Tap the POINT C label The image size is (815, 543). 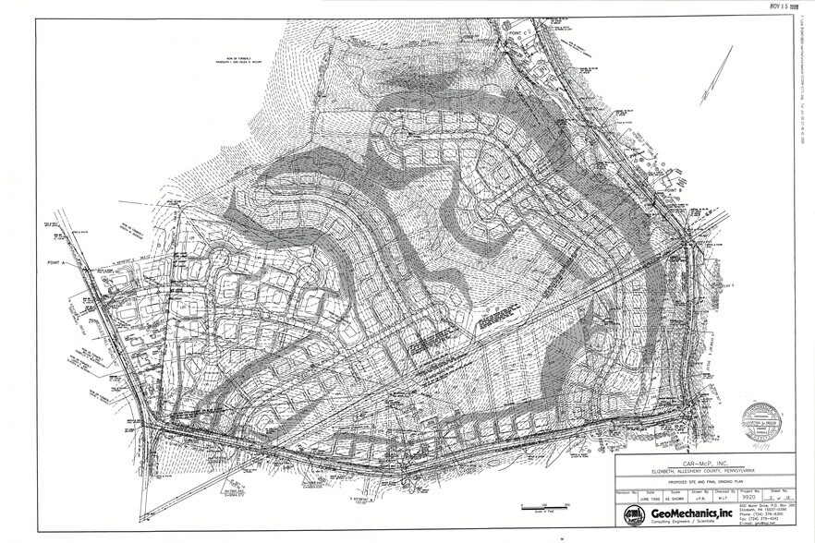(517, 32)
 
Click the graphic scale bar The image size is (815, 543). (536, 507)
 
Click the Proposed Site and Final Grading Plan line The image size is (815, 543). (704, 482)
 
